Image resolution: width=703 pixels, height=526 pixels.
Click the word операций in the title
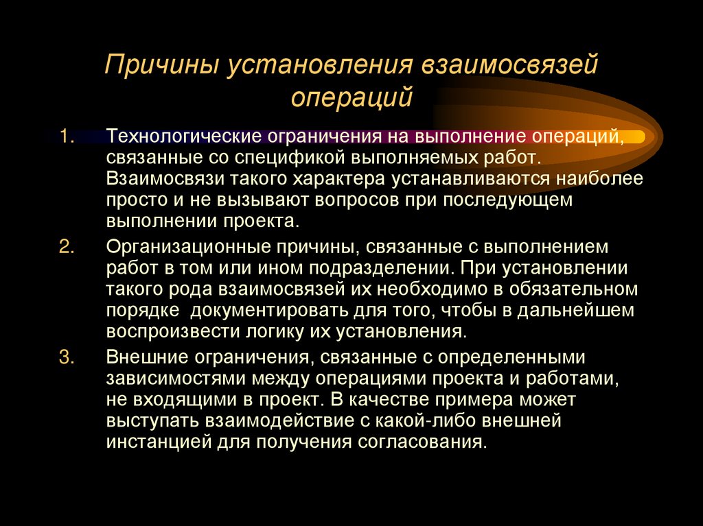[x=351, y=97]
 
